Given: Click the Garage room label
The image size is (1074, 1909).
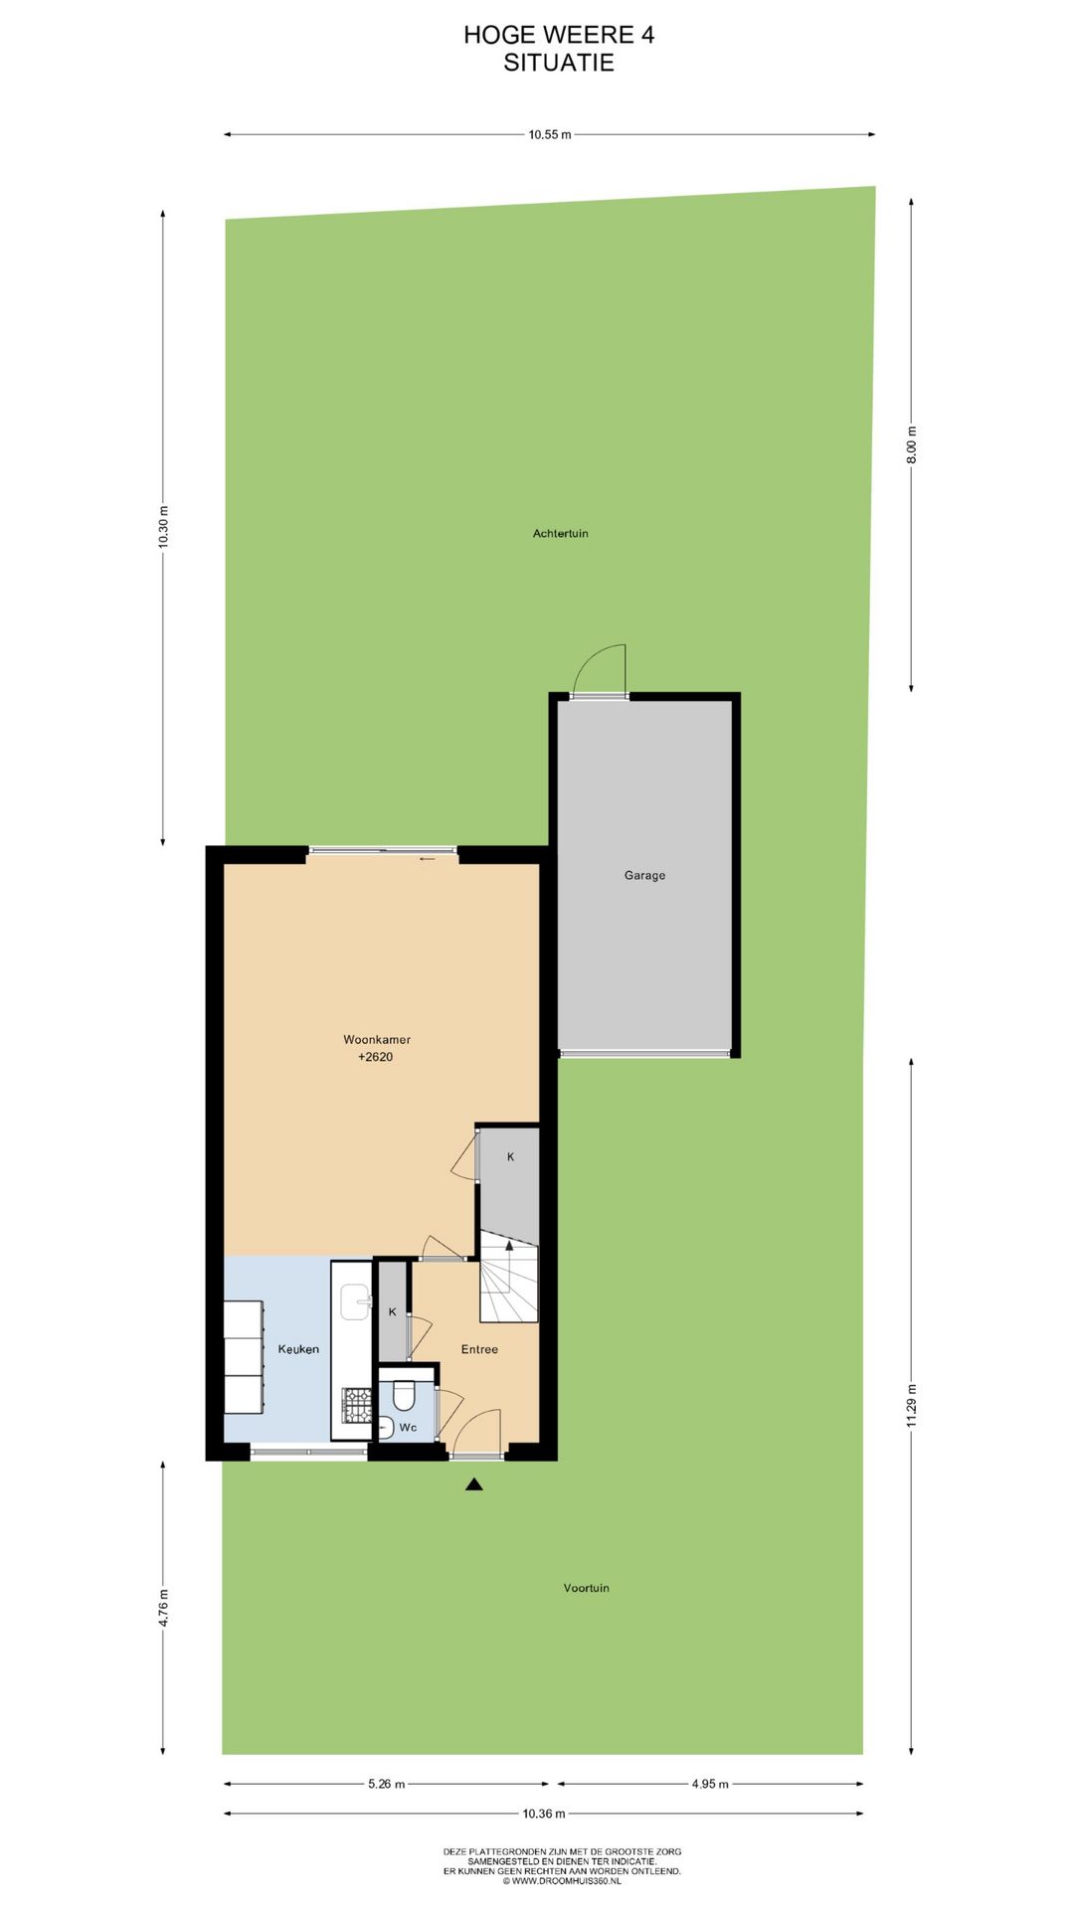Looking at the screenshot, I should (x=644, y=875).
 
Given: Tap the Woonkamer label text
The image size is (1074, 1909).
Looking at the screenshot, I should (x=377, y=1039).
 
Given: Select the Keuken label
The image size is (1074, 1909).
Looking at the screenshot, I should (x=298, y=1349).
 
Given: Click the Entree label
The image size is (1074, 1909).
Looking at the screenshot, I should (x=479, y=1349).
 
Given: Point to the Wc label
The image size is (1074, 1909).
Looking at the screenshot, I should (x=408, y=1427).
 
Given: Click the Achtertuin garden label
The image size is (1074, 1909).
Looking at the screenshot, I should (x=560, y=534).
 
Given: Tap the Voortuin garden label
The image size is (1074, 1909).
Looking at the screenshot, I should (x=586, y=1588).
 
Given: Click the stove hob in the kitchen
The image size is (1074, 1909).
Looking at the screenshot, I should (x=356, y=1405).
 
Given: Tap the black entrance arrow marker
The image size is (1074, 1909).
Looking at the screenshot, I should (x=474, y=1484).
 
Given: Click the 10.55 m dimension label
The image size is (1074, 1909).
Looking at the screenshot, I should (x=549, y=134).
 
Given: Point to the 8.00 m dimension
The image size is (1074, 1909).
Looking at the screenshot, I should (x=912, y=444).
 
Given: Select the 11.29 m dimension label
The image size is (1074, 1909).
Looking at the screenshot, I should (x=912, y=1405).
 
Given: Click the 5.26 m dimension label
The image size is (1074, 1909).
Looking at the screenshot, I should (x=386, y=1784).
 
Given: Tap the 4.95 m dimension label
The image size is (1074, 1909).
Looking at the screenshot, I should (x=710, y=1784).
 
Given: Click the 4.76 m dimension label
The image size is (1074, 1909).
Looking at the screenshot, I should (x=163, y=1608).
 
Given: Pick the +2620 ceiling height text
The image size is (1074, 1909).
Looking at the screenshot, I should (x=375, y=1057).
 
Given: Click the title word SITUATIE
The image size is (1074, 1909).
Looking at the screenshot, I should (x=558, y=63).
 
